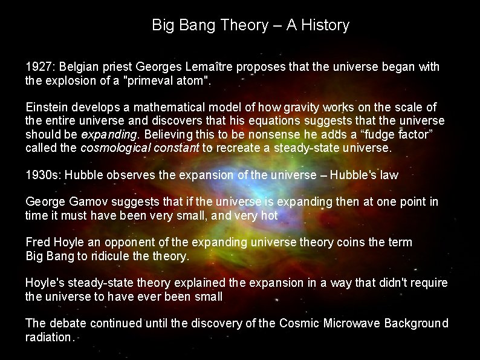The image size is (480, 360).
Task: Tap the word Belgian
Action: pos(77,67)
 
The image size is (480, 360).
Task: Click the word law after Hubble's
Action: pos(388,175)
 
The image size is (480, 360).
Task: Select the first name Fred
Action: pos(37,243)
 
